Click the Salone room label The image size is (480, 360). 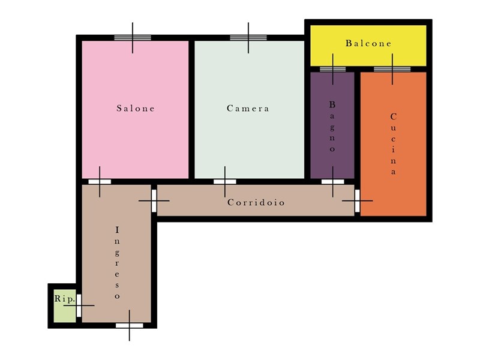pyautogui.click(x=136, y=109)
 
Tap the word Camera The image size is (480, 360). pyautogui.click(x=248, y=109)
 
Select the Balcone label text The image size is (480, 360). pyautogui.click(x=368, y=43)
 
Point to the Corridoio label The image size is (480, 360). pyautogui.click(x=256, y=202)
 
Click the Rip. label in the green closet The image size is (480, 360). pyautogui.click(x=64, y=299)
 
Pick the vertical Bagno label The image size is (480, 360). pyautogui.click(x=332, y=126)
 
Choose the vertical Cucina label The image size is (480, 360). pyautogui.click(x=394, y=144)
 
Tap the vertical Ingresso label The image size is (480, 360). pyautogui.click(x=117, y=263)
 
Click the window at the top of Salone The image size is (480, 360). pyautogui.click(x=133, y=38)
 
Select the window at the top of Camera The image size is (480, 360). pyautogui.click(x=248, y=38)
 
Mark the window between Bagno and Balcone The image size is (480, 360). pyautogui.click(x=333, y=69)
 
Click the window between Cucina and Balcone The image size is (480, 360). pyautogui.click(x=392, y=69)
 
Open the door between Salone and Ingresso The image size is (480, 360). pyautogui.click(x=100, y=182)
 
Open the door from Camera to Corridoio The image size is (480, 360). pyautogui.click(x=224, y=182)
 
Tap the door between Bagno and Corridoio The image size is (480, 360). pyautogui.click(x=333, y=182)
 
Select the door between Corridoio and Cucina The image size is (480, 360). pyautogui.click(x=357, y=201)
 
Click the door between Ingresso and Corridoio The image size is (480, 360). pyautogui.click(x=154, y=201)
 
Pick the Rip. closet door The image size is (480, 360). pyautogui.click(x=79, y=305)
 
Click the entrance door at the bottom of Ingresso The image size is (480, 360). pyautogui.click(x=129, y=325)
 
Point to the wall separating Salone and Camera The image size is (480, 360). pyautogui.click(x=191, y=110)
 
